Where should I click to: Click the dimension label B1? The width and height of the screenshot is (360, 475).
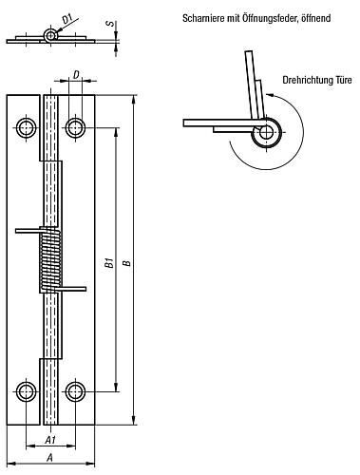(x=109, y=263)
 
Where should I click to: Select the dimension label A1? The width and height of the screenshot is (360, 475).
(x=50, y=440)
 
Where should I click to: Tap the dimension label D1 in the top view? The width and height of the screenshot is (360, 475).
(x=67, y=20)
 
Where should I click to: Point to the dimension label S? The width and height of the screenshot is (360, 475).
(x=109, y=23)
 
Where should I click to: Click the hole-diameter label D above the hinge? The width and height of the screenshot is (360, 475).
(x=76, y=75)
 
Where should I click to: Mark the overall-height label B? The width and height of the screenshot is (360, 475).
(x=127, y=263)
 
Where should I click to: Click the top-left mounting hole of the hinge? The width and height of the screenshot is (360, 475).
(x=26, y=128)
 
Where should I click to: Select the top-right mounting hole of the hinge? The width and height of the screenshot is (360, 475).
(x=75, y=128)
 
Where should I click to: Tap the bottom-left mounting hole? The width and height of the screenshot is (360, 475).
(x=26, y=392)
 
